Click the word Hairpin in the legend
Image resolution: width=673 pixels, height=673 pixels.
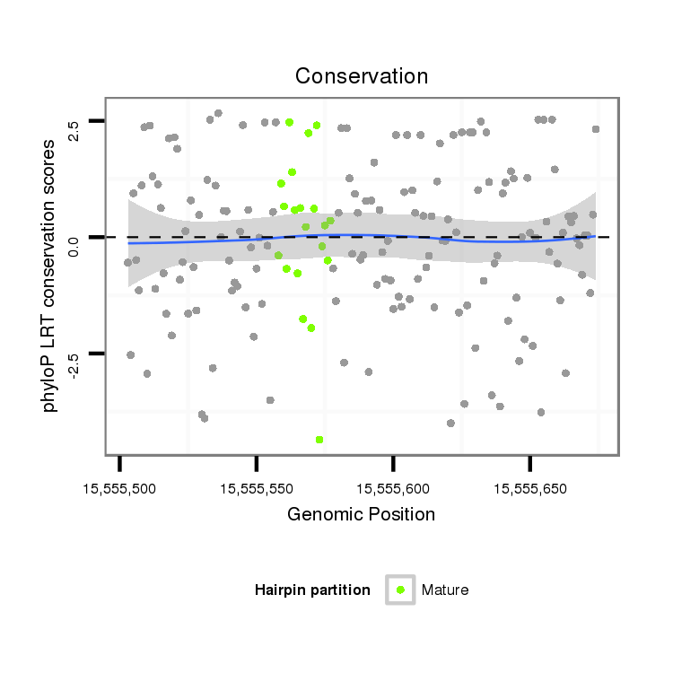(279, 590)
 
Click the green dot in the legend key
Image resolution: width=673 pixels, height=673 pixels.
(400, 590)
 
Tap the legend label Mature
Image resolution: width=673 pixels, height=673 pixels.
(445, 590)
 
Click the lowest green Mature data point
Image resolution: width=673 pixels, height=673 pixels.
(319, 440)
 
